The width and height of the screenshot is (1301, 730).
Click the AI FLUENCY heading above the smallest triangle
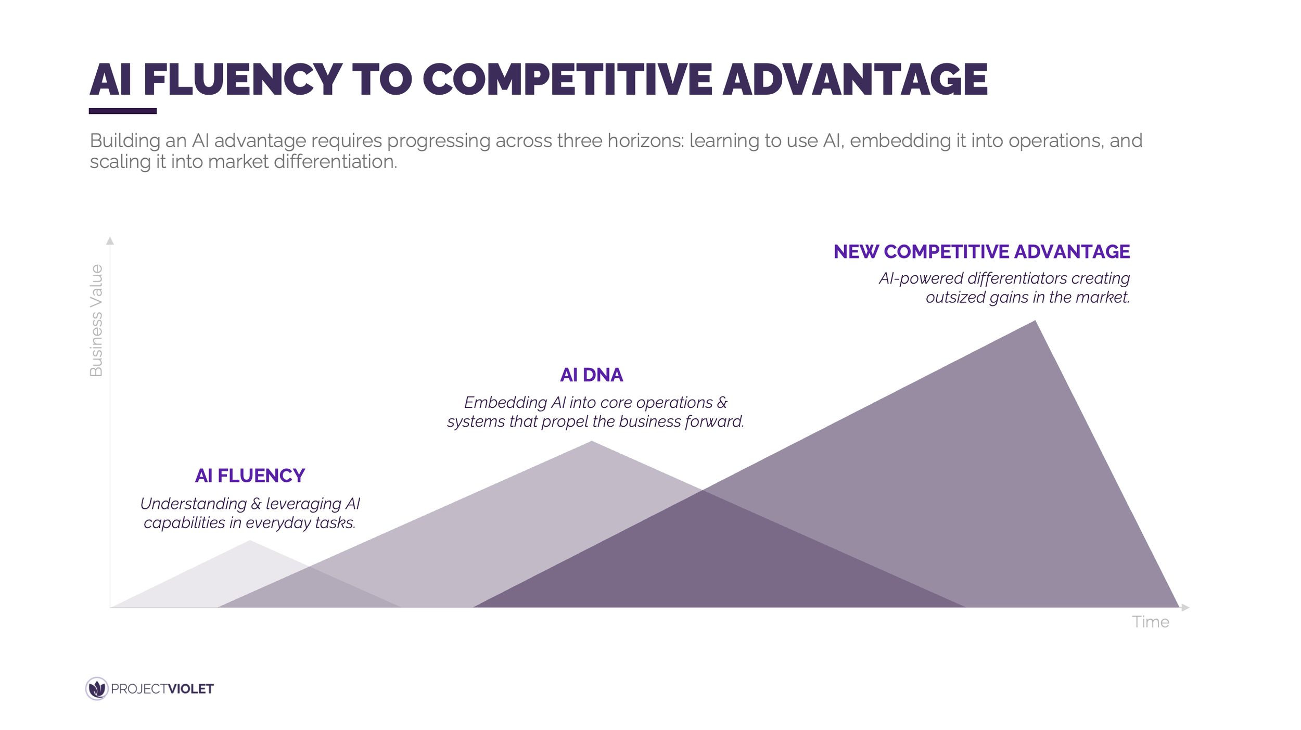coord(250,476)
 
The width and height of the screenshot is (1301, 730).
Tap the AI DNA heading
coord(591,375)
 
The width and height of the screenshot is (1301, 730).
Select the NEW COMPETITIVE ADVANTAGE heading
coord(981,252)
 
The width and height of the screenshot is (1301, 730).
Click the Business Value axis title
coord(96,321)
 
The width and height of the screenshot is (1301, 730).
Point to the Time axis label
coord(1150,622)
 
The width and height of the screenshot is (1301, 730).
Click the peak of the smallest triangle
coord(250,542)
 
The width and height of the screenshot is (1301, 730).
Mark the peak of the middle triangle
coord(591,442)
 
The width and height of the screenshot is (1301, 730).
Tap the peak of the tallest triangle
coord(1035,322)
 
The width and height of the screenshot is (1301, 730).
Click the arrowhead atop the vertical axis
coord(110,241)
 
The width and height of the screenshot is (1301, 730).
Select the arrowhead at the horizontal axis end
coord(1185,607)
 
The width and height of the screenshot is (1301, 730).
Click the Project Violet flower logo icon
coord(97,688)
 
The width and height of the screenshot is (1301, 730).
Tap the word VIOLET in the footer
coord(190,689)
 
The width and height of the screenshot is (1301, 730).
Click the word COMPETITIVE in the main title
coord(567,80)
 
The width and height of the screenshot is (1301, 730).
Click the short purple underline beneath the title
coord(123,111)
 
